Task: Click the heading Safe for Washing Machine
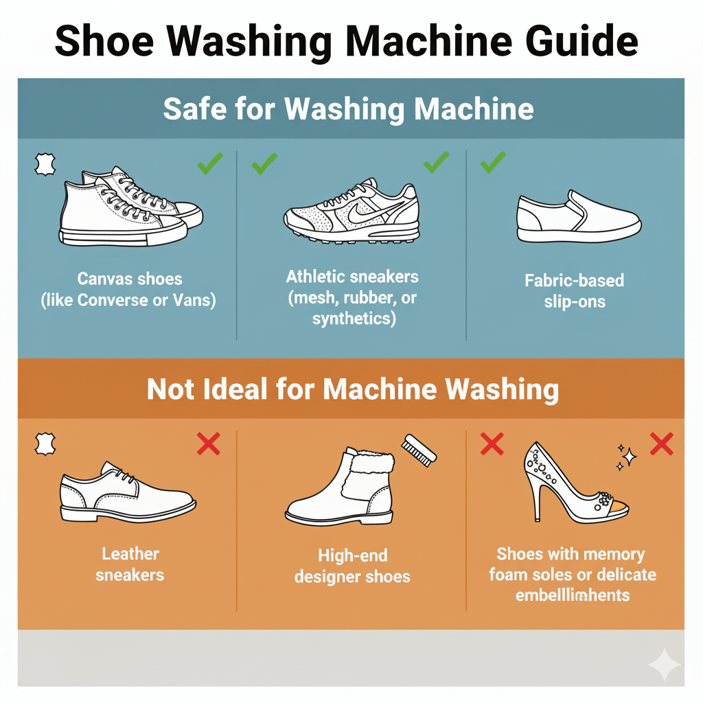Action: click(348, 109)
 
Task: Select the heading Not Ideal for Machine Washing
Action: click(352, 389)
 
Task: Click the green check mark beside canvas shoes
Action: click(209, 163)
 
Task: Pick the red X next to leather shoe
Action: click(208, 444)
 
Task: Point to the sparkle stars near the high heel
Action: click(625, 457)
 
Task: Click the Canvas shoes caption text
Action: click(129, 279)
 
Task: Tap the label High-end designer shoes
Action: click(352, 565)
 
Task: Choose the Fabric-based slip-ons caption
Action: click(574, 290)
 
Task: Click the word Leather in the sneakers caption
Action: click(130, 554)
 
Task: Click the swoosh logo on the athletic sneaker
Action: click(362, 213)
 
